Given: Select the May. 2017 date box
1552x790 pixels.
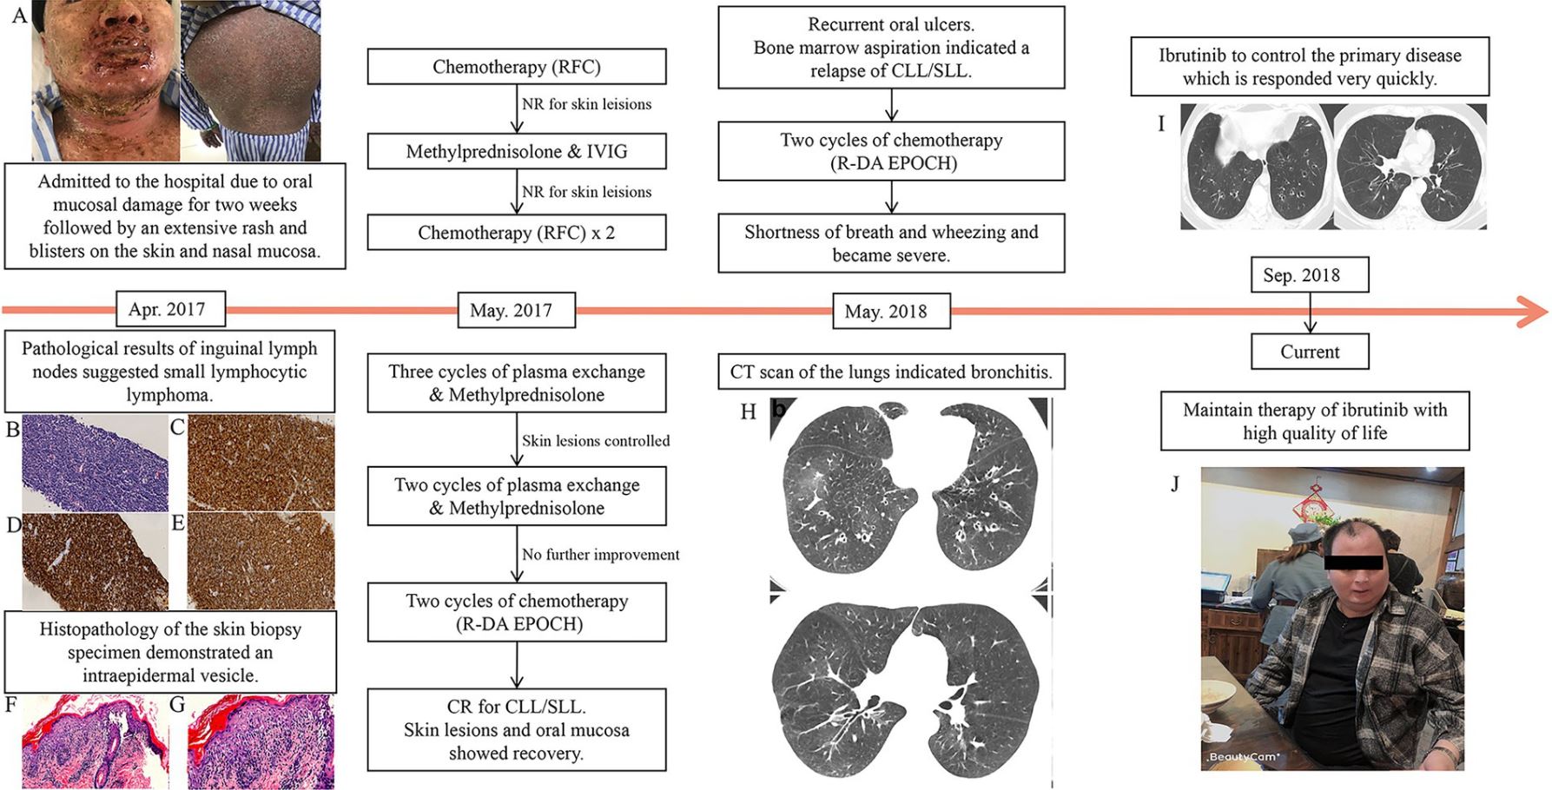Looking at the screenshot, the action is (516, 310).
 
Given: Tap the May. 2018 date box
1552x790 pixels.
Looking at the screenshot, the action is (891, 311).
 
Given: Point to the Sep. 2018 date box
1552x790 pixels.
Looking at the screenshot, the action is (1310, 275).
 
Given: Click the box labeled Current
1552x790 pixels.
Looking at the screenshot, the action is (1310, 352).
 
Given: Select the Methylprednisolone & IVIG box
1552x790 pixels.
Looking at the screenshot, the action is (517, 151).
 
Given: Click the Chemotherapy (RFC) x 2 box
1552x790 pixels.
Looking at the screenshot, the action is (517, 233).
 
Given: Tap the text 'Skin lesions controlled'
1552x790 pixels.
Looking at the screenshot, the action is (596, 440).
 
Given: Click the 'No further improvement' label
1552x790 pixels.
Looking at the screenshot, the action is (600, 555).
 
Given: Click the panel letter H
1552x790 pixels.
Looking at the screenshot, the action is (748, 411).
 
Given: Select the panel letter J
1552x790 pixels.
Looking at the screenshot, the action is (1175, 484).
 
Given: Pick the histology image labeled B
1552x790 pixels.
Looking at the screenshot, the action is (95, 463).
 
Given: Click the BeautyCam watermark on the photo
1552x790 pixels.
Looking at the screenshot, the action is (1243, 757).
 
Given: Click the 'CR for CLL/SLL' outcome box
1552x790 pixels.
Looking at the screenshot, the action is (517, 730).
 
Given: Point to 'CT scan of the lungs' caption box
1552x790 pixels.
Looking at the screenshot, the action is (891, 372).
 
